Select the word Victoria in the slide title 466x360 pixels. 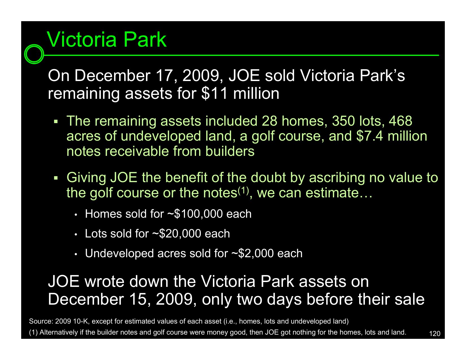click(x=82, y=40)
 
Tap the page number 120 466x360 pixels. click(x=435, y=334)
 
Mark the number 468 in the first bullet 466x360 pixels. click(x=400, y=121)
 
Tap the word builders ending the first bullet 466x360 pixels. click(x=230, y=151)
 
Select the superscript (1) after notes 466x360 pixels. click(x=243, y=190)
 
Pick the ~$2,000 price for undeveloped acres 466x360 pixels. click(x=252, y=253)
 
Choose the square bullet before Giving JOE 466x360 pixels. click(x=56, y=178)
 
